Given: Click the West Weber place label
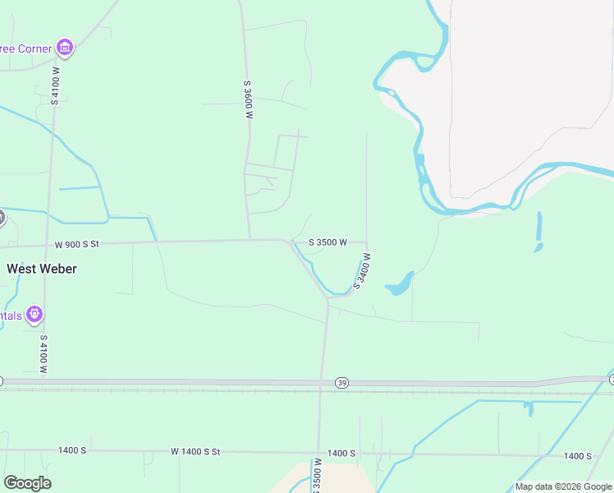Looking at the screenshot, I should pos(42,269).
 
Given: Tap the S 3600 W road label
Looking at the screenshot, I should pos(247,100).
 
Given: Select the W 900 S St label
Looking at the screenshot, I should pos(77,244).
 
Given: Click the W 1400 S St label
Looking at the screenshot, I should pos(196,452).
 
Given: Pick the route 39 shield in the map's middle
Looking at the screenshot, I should pos(341,383).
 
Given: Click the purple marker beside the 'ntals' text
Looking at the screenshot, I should pos(34,314).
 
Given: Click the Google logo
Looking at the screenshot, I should pos(27,483).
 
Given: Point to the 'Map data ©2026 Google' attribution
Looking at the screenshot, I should pos(562,486).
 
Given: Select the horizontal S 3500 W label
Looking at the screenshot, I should pos(328,242).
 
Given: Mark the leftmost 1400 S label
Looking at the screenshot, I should pos(72,450).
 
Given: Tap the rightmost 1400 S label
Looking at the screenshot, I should pos(578,456).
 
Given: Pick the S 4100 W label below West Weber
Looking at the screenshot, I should pos(44,354).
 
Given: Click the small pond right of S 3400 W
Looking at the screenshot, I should pos(398,284).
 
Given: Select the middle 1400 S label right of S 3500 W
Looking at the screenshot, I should pos(341,454).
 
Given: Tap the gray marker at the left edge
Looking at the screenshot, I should pos(1,218).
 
